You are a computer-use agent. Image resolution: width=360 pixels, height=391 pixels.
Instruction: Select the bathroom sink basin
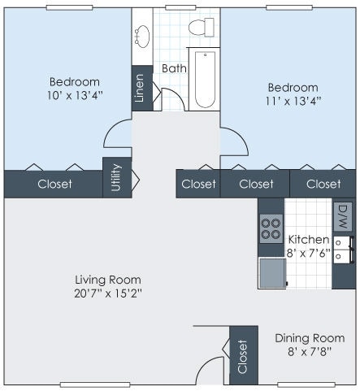(x=142, y=35)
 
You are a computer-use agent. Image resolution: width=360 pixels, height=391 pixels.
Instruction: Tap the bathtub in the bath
(x=204, y=80)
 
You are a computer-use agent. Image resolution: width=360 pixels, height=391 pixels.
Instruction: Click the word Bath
(x=174, y=68)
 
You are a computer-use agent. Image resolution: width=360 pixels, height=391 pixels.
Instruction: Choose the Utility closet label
(x=116, y=178)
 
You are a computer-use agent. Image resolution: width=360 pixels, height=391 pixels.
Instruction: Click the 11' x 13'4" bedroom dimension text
(x=293, y=101)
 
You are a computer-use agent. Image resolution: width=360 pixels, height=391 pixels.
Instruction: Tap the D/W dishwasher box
(x=342, y=215)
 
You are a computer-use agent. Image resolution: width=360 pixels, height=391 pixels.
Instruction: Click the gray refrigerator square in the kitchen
(x=271, y=273)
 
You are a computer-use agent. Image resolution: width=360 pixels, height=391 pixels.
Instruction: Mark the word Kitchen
(x=309, y=240)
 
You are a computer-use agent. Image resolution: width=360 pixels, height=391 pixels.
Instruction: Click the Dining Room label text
(x=309, y=338)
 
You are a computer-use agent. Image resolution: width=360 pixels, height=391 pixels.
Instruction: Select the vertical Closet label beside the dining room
(x=242, y=357)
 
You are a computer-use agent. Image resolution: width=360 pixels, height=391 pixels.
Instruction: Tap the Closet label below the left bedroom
(x=54, y=184)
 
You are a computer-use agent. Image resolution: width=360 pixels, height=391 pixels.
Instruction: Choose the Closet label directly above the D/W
(x=323, y=184)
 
